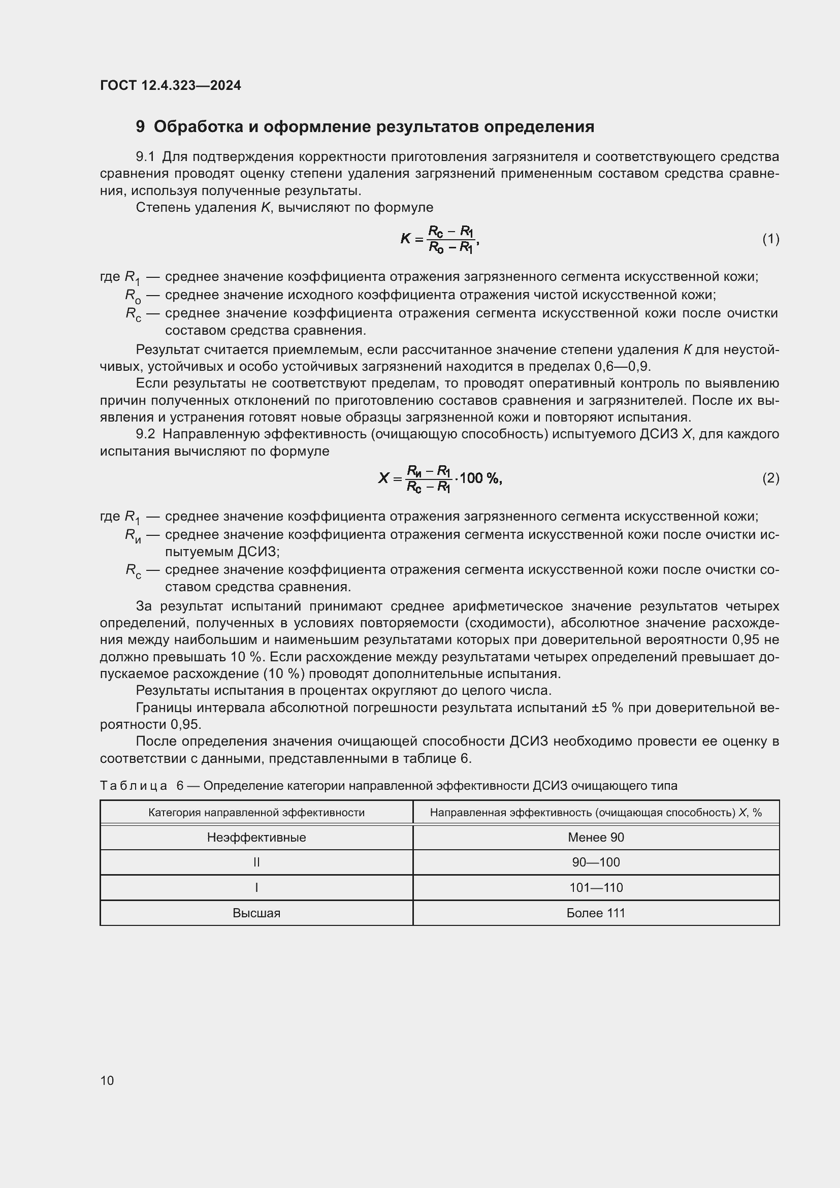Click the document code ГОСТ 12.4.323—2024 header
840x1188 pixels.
[170, 85]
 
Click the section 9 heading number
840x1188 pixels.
[140, 127]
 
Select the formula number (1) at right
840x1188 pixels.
[770, 239]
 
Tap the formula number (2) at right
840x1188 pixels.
[770, 477]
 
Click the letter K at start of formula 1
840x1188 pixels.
[405, 239]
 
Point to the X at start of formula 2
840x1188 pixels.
[383, 478]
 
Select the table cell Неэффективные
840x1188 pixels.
[256, 837]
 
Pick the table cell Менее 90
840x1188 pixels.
[595, 837]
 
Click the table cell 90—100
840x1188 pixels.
[595, 862]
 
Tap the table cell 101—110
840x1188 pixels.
[595, 887]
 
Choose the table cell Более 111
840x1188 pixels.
[595, 913]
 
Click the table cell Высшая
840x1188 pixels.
[256, 913]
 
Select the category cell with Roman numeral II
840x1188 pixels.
[256, 862]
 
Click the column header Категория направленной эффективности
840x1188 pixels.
[256, 812]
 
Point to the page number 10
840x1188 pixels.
[107, 1080]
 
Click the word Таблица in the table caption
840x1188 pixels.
[133, 785]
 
